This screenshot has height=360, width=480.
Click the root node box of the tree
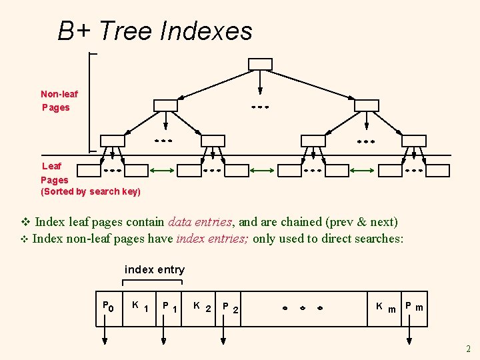(x=260, y=64)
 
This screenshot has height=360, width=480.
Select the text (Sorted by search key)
(x=91, y=192)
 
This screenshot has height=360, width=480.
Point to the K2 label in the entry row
(x=201, y=307)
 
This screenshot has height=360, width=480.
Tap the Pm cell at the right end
(x=414, y=307)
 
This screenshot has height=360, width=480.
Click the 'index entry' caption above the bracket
(x=155, y=270)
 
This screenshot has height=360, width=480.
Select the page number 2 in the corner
(x=468, y=349)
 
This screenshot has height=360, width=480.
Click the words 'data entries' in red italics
(x=201, y=222)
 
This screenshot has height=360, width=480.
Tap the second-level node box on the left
(x=165, y=105)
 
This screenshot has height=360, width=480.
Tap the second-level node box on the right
(x=366, y=105)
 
